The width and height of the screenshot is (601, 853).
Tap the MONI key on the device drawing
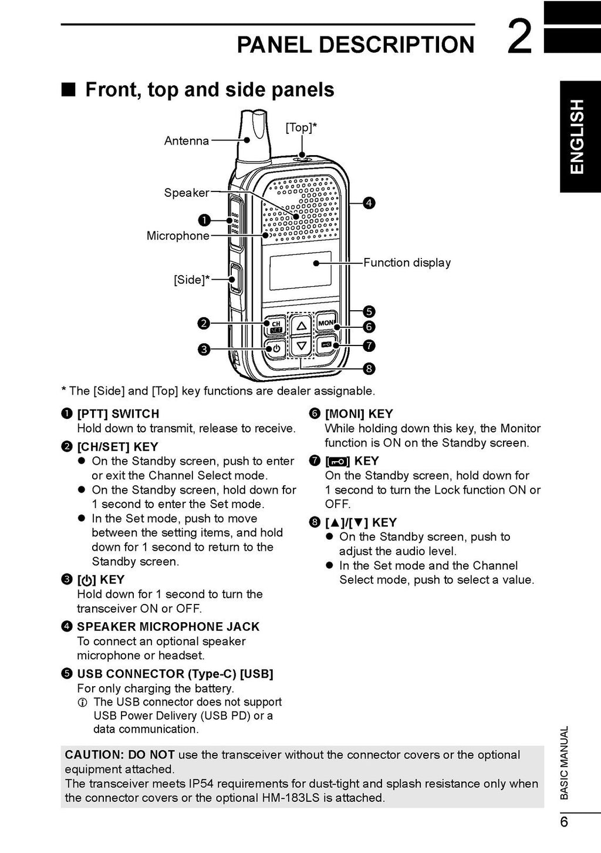[326, 323]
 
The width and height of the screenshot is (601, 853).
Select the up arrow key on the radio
[301, 325]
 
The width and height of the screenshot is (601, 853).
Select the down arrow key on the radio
[301, 345]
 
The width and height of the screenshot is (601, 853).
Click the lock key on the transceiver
[326, 345]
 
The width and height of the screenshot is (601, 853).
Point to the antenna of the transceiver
[252, 136]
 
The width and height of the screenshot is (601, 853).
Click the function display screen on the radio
[300, 270]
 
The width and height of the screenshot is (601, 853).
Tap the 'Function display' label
[407, 263]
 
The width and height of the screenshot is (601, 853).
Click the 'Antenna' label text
[186, 141]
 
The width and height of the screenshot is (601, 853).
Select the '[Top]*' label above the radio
[301, 127]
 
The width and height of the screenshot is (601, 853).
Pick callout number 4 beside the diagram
[369, 203]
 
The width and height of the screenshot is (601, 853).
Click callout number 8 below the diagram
[369, 369]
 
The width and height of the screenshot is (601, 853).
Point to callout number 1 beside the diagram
[204, 220]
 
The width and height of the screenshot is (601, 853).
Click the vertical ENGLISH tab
[579, 136]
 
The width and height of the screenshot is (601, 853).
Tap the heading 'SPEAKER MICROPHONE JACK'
[168, 627]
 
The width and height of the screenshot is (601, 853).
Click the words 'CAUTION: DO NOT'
[120, 755]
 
